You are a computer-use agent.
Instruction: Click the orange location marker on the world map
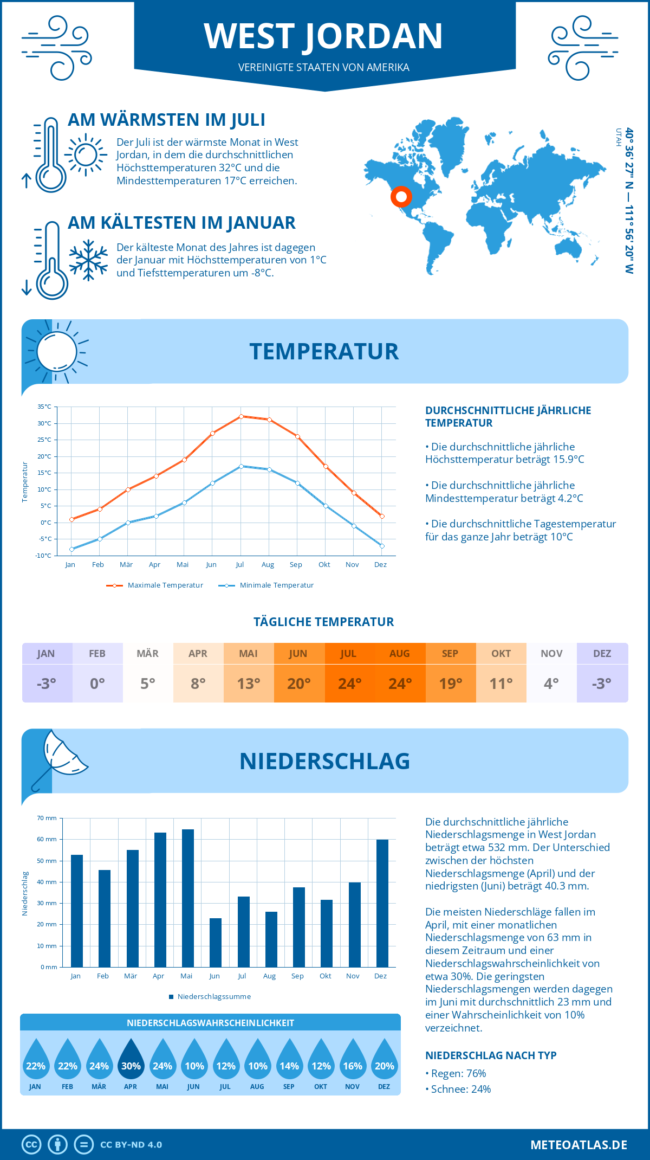(x=401, y=196)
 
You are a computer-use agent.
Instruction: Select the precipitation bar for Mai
(x=188, y=898)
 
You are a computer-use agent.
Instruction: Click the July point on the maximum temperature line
(x=241, y=416)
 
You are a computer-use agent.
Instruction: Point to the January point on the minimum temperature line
(x=71, y=549)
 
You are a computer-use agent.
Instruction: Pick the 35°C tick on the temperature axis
(x=44, y=407)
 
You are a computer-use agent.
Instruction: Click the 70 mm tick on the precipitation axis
(x=47, y=818)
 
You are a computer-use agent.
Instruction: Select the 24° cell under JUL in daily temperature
(x=349, y=684)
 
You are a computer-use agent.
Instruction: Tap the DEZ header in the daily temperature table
(x=602, y=653)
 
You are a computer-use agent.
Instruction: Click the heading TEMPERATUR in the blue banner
(x=324, y=351)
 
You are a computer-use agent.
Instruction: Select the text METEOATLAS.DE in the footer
(x=578, y=1144)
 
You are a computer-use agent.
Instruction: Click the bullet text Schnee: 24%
(x=460, y=1089)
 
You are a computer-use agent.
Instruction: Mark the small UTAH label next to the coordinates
(x=618, y=137)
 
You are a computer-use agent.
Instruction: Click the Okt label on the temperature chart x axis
(x=324, y=565)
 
